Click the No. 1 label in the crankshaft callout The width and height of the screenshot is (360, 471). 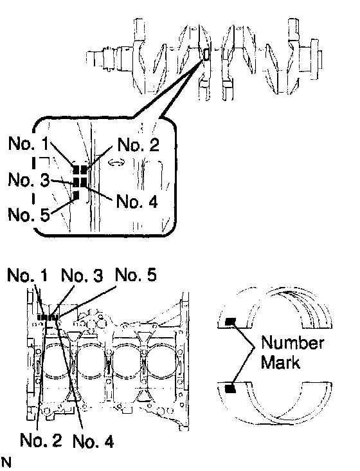point(28,143)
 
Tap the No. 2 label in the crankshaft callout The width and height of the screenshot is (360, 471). point(138,145)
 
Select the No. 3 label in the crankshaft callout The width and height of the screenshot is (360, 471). point(29,180)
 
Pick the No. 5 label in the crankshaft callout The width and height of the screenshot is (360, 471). point(29,214)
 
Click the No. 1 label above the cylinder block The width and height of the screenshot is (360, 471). point(28,275)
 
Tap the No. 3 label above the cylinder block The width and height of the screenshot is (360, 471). point(82,275)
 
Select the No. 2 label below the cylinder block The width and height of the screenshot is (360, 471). point(40,440)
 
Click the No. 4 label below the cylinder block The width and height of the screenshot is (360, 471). point(93,441)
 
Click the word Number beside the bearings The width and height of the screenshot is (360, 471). point(292,343)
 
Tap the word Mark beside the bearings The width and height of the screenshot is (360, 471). point(280,362)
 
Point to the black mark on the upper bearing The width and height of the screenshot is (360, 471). point(231,322)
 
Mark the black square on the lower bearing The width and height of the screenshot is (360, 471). point(231,389)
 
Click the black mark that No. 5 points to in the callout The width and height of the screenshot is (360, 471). point(76,195)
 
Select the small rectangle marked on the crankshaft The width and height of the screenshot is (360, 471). point(206,54)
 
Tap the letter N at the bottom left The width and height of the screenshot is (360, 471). point(6,462)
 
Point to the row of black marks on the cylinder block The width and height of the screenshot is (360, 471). point(48,317)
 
